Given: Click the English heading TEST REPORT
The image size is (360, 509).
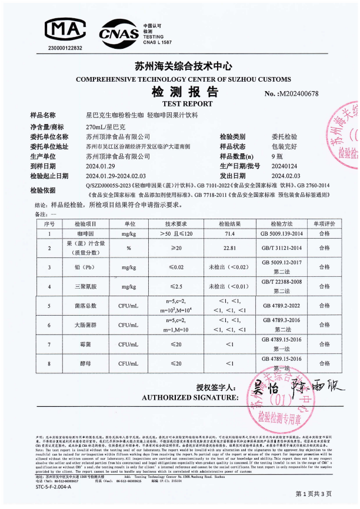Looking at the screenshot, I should click(178, 103).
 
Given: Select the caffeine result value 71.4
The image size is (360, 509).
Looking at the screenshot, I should click(226, 233).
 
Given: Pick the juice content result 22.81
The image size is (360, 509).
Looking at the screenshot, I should click(226, 249).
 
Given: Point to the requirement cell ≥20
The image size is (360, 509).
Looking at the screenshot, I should click(176, 249).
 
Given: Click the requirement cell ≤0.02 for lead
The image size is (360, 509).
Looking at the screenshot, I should click(176, 267).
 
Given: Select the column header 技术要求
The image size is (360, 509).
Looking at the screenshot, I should click(176, 225).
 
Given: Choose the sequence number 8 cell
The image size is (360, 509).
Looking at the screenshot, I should click(49, 363).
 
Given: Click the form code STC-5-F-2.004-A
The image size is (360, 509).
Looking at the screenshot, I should click(53, 487).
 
